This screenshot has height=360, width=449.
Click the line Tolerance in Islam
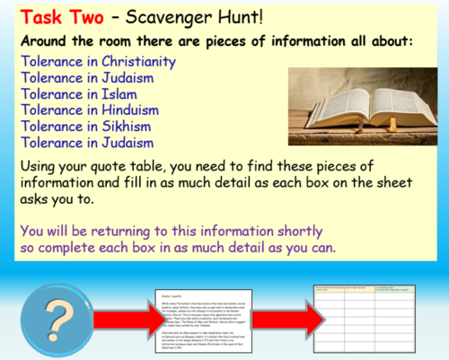(x=76, y=94)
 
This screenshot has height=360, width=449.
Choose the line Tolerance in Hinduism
(x=88, y=110)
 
